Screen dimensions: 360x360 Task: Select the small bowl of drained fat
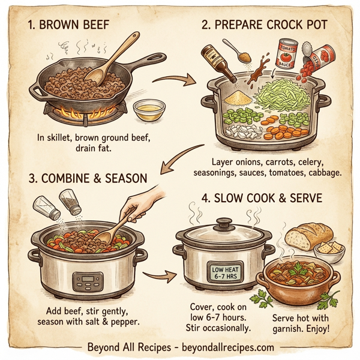point(149,110)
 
